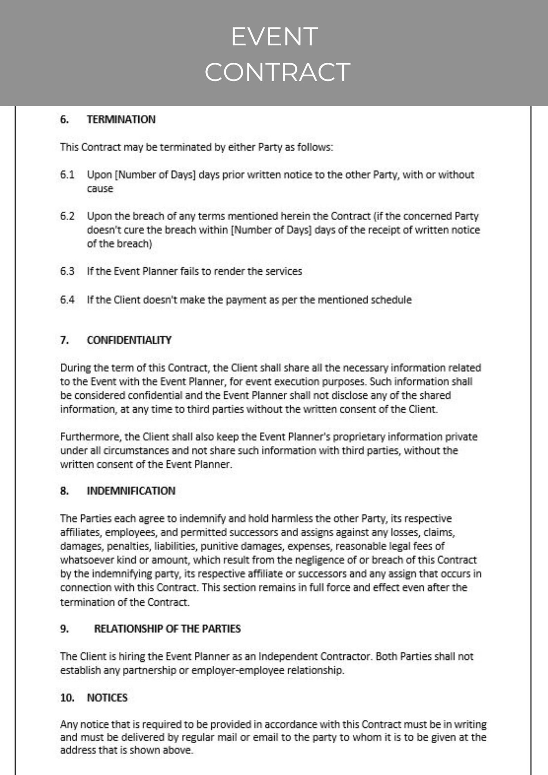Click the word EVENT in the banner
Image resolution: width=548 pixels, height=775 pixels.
click(x=274, y=37)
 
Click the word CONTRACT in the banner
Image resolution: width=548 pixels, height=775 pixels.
click(x=277, y=72)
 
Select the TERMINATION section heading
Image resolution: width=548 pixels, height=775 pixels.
click(x=121, y=119)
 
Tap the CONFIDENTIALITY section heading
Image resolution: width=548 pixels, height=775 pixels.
click(x=129, y=340)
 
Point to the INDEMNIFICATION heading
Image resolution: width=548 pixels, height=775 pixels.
click(x=131, y=491)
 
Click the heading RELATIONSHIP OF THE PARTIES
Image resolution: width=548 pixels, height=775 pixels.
click(x=167, y=629)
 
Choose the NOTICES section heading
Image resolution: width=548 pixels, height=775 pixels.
click(x=107, y=698)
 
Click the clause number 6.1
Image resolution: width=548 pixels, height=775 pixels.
click(x=67, y=175)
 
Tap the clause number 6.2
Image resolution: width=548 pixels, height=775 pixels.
click(x=67, y=216)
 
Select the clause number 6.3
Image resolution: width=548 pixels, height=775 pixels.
click(x=67, y=271)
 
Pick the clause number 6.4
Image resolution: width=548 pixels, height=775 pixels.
click(x=67, y=300)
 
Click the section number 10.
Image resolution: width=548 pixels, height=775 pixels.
click(x=67, y=698)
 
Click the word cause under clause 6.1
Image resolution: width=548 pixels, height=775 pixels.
click(x=100, y=189)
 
